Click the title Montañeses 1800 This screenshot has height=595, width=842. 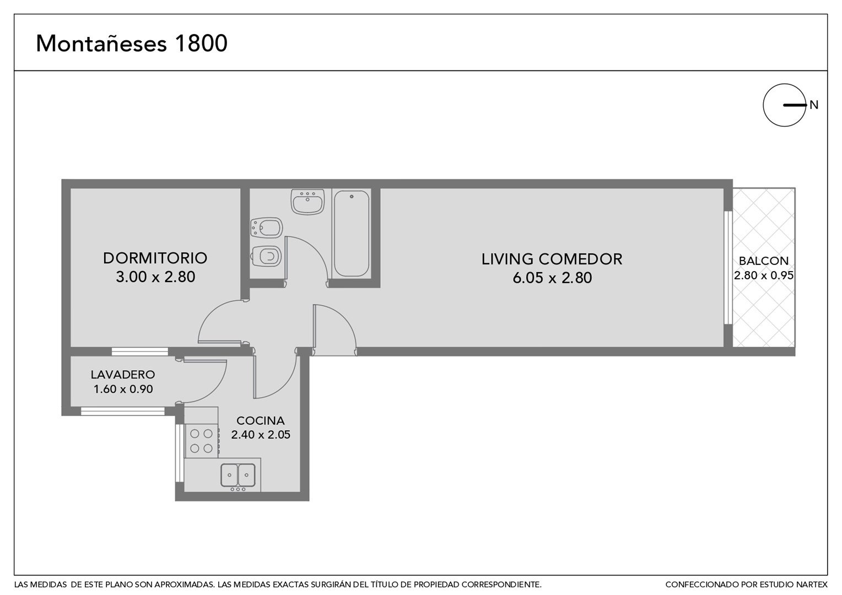point(132,43)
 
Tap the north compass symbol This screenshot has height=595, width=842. point(785,105)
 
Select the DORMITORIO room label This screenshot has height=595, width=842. point(155,258)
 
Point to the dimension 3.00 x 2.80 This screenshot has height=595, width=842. point(155,277)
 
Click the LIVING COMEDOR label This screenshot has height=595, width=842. point(552,259)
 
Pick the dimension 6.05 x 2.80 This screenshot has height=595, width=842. point(552,278)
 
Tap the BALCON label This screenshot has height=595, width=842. point(763,261)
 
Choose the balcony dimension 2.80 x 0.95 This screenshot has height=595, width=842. point(763,275)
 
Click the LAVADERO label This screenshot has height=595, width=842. point(123,375)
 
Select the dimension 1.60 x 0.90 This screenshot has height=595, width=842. point(123,389)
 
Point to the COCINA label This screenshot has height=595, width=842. point(261,420)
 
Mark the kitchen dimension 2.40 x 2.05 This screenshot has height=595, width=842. point(261,435)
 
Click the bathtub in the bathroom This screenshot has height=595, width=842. point(352,234)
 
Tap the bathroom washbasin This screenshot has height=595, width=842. point(307,202)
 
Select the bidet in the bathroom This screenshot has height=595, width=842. point(266,228)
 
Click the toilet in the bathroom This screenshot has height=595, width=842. point(266,256)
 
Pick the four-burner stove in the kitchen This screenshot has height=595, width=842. point(202,441)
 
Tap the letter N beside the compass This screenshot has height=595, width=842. point(814,105)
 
